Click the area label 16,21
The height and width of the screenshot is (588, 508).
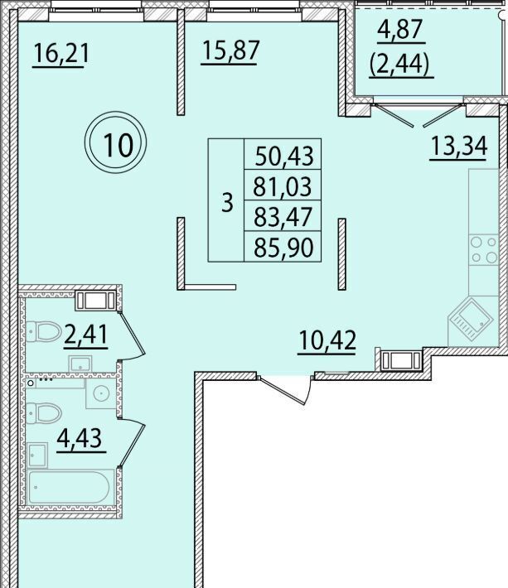click(x=61, y=53)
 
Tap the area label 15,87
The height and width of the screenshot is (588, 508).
click(x=230, y=51)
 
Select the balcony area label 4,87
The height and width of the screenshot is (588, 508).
click(x=401, y=29)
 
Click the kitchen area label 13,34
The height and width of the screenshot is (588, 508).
click(x=459, y=146)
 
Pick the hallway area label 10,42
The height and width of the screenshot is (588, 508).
click(x=327, y=340)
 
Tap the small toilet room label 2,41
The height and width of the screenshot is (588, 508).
click(x=86, y=335)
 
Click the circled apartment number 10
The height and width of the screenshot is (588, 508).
click(x=116, y=143)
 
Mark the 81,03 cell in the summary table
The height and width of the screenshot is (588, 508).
click(x=283, y=186)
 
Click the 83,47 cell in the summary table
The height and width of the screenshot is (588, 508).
click(x=283, y=217)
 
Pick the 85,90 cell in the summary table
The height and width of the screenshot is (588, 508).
click(x=283, y=248)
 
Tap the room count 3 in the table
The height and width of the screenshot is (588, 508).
click(x=227, y=203)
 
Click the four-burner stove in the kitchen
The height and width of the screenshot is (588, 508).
click(x=484, y=250)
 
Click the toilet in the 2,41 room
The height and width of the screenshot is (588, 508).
click(x=44, y=331)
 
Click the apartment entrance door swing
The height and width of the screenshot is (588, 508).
click(x=288, y=389)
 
